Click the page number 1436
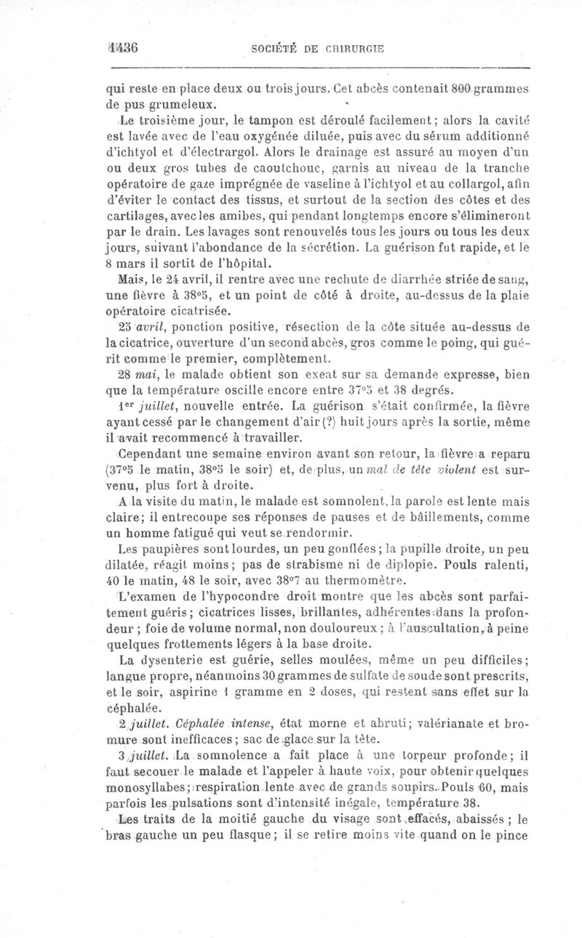click(x=122, y=49)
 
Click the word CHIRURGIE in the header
click(x=356, y=49)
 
